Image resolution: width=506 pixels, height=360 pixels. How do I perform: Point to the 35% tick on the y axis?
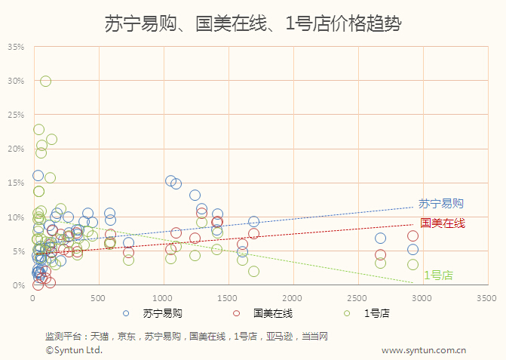pyautogui.click(x=17, y=47)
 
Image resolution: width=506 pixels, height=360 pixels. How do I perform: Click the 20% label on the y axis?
pyautogui.click(x=17, y=149)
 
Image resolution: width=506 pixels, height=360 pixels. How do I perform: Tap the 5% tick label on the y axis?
pyautogui.click(x=19, y=251)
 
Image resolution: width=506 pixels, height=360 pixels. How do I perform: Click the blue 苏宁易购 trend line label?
pyautogui.click(x=440, y=204)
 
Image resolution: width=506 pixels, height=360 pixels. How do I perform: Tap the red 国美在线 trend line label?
pyautogui.click(x=443, y=223)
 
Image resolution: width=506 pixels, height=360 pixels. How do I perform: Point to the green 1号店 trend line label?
pyautogui.click(x=438, y=275)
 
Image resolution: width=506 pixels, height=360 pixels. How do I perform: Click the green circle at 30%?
pyautogui.click(x=45, y=81)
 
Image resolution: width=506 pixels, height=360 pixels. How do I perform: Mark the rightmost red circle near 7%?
pyautogui.click(x=412, y=236)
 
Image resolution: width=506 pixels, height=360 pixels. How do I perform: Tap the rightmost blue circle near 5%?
pyautogui.click(x=412, y=250)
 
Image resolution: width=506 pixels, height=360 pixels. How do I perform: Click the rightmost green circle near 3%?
pyautogui.click(x=412, y=264)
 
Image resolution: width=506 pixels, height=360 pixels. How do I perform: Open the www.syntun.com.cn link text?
pyautogui.click(x=423, y=349)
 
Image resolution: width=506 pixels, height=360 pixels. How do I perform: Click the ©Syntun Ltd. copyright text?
pyautogui.click(x=74, y=349)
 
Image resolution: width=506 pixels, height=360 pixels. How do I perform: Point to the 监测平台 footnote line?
pyautogui.click(x=186, y=336)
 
